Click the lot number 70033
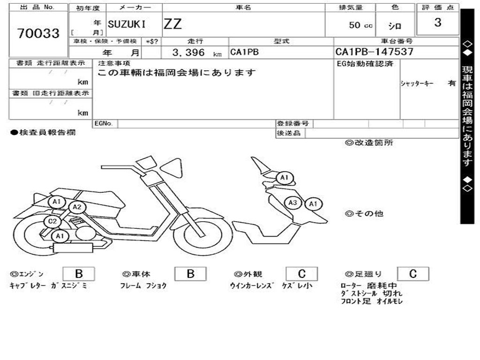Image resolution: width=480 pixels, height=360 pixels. click(38, 33)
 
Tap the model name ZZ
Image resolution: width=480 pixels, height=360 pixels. click(172, 24)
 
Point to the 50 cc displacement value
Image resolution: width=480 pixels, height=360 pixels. click(360, 25)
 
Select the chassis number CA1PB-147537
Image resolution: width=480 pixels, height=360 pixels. click(374, 52)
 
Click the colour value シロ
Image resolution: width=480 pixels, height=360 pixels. click(395, 26)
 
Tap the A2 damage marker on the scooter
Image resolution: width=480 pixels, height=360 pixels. click(77, 207)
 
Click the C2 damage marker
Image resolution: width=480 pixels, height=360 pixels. click(52, 222)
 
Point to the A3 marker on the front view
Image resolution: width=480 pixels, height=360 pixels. click(293, 203)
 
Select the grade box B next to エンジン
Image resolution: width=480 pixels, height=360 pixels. click(79, 274)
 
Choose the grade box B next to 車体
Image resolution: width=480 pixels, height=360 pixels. click(190, 274)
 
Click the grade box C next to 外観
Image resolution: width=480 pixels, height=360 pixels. click(301, 274)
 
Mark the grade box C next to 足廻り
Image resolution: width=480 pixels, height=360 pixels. click(413, 274)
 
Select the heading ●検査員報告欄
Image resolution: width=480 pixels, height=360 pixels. click(43, 133)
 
